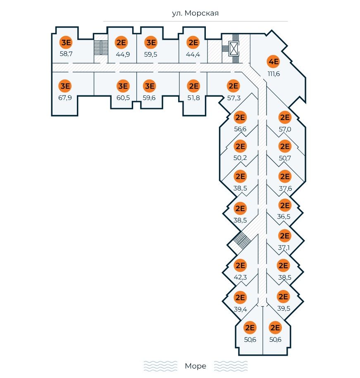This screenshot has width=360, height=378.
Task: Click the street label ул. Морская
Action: [x=195, y=13]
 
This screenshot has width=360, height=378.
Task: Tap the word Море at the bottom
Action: [x=195, y=366]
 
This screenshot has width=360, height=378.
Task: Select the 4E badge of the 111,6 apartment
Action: [x=274, y=62]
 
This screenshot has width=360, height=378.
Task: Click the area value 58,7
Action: [x=66, y=54]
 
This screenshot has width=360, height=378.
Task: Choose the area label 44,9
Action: [x=123, y=54]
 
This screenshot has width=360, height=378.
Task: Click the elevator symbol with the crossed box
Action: [x=234, y=48]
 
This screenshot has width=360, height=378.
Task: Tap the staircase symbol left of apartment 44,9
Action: [x=98, y=47]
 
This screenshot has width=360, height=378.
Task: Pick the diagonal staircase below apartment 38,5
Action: [x=240, y=239]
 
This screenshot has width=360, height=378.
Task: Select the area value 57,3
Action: [x=234, y=98]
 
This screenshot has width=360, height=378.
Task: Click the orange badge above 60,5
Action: [x=123, y=86]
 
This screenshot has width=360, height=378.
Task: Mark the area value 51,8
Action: [x=193, y=97]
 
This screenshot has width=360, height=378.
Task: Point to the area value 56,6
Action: [x=240, y=129]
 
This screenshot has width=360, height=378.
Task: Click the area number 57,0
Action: [x=285, y=129]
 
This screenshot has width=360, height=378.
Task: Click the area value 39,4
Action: [x=240, y=309]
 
